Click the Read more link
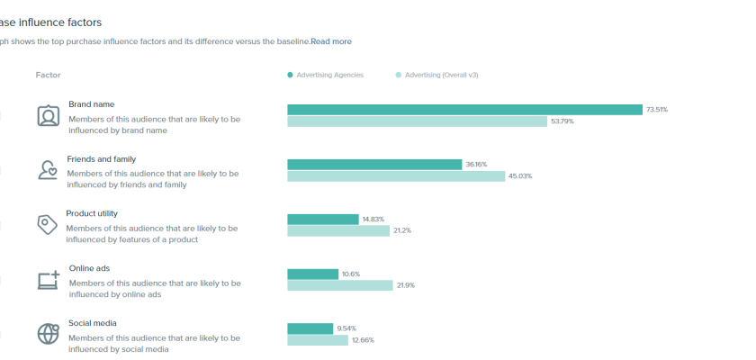[331, 41]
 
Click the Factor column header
[48, 75]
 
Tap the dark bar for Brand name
[464, 110]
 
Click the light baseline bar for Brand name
[417, 121]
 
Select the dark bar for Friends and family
[374, 165]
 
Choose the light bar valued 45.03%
[396, 176]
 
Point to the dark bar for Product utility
[323, 220]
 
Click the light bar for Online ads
[340, 285]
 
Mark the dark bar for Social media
[310, 328]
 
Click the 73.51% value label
[657, 110]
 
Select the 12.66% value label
[363, 340]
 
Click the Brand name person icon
[48, 116]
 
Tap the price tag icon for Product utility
[48, 225]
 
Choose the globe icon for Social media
[48, 334]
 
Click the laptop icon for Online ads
[48, 280]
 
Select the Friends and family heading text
[101, 159]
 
